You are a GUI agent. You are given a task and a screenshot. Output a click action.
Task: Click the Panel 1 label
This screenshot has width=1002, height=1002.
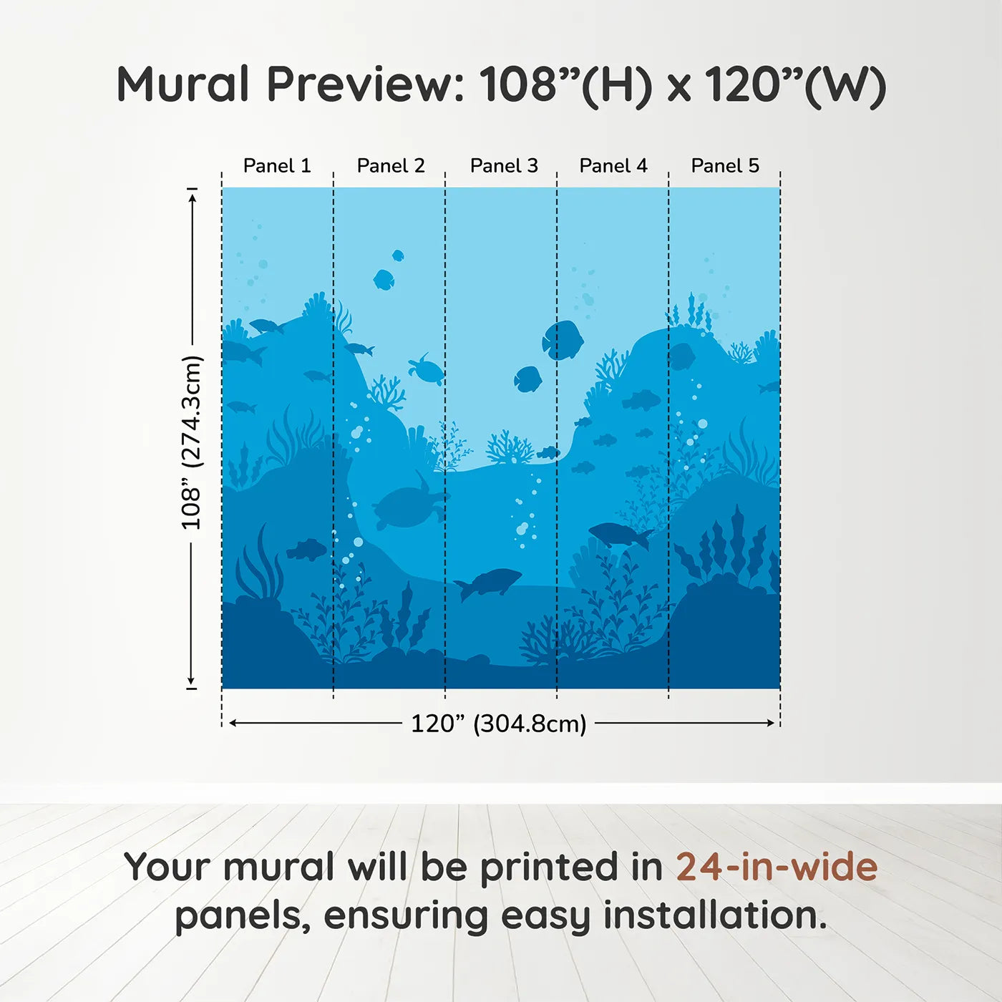[x=277, y=166]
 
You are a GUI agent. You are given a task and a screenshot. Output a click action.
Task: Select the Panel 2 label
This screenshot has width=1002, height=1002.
[x=391, y=166]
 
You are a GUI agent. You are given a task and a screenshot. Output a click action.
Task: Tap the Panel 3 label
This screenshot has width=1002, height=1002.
[x=504, y=166]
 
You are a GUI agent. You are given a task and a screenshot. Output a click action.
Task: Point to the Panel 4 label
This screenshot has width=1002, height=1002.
[x=613, y=166]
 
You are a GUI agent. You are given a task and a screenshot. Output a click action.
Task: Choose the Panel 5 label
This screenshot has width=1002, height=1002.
[x=725, y=166]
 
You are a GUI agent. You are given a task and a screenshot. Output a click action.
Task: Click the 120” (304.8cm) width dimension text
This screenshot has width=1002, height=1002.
[x=498, y=724]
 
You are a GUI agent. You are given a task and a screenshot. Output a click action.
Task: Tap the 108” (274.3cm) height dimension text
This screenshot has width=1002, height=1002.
[x=192, y=443]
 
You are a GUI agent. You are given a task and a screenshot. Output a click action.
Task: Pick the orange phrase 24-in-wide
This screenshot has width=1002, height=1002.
[x=777, y=867]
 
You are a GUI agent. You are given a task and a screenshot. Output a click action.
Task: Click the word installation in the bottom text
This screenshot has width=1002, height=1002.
[x=714, y=915]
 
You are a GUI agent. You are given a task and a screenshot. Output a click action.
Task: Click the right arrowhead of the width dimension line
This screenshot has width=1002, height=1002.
[x=772, y=723]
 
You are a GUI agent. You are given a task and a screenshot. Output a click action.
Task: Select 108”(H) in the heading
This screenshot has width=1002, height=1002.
[x=565, y=84]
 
